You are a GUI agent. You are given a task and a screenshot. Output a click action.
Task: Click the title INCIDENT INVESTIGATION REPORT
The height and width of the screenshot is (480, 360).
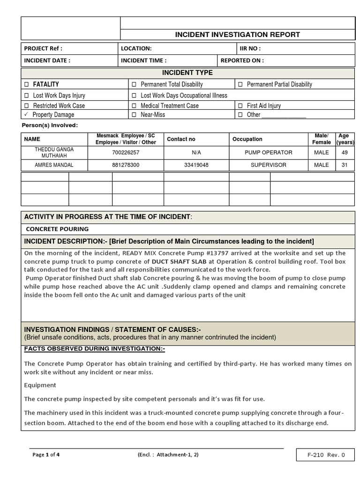[237, 35]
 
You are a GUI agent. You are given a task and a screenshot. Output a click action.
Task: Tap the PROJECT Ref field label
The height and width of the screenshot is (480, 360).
[43, 48]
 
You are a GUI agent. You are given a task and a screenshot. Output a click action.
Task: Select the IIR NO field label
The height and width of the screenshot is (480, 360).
[250, 48]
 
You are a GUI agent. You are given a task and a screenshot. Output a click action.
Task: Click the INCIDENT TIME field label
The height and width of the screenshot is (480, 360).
[143, 60]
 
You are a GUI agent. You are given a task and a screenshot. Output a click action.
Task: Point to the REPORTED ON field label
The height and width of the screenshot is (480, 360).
[242, 60]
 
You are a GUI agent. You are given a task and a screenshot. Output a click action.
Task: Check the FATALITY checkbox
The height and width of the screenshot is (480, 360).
[27, 84]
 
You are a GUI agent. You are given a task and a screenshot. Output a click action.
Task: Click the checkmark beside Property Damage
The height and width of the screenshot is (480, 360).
[27, 115]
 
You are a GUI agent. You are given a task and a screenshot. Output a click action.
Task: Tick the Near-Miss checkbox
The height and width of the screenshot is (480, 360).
[134, 115]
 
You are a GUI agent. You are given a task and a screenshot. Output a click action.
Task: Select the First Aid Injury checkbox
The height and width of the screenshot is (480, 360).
[240, 106]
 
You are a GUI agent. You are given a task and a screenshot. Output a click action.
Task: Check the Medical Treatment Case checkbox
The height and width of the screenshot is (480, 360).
[134, 106]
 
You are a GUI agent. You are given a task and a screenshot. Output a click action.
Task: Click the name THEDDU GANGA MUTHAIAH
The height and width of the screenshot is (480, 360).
[54, 152]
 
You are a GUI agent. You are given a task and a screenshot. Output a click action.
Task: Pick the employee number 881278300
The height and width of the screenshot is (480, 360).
[126, 165]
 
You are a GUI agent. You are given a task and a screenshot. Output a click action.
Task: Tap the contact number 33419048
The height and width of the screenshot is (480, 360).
[196, 165]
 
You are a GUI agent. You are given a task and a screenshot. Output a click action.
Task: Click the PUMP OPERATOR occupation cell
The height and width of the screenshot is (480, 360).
[268, 152]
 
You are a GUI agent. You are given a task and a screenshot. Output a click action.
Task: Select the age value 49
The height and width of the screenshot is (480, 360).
[345, 152]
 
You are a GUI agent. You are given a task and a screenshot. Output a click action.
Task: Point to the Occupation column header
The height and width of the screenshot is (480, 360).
[247, 139]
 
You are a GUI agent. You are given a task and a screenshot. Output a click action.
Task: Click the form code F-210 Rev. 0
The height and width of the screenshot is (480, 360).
[326, 455]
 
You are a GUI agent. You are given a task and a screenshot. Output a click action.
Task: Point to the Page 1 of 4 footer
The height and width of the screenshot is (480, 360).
[46, 455]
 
